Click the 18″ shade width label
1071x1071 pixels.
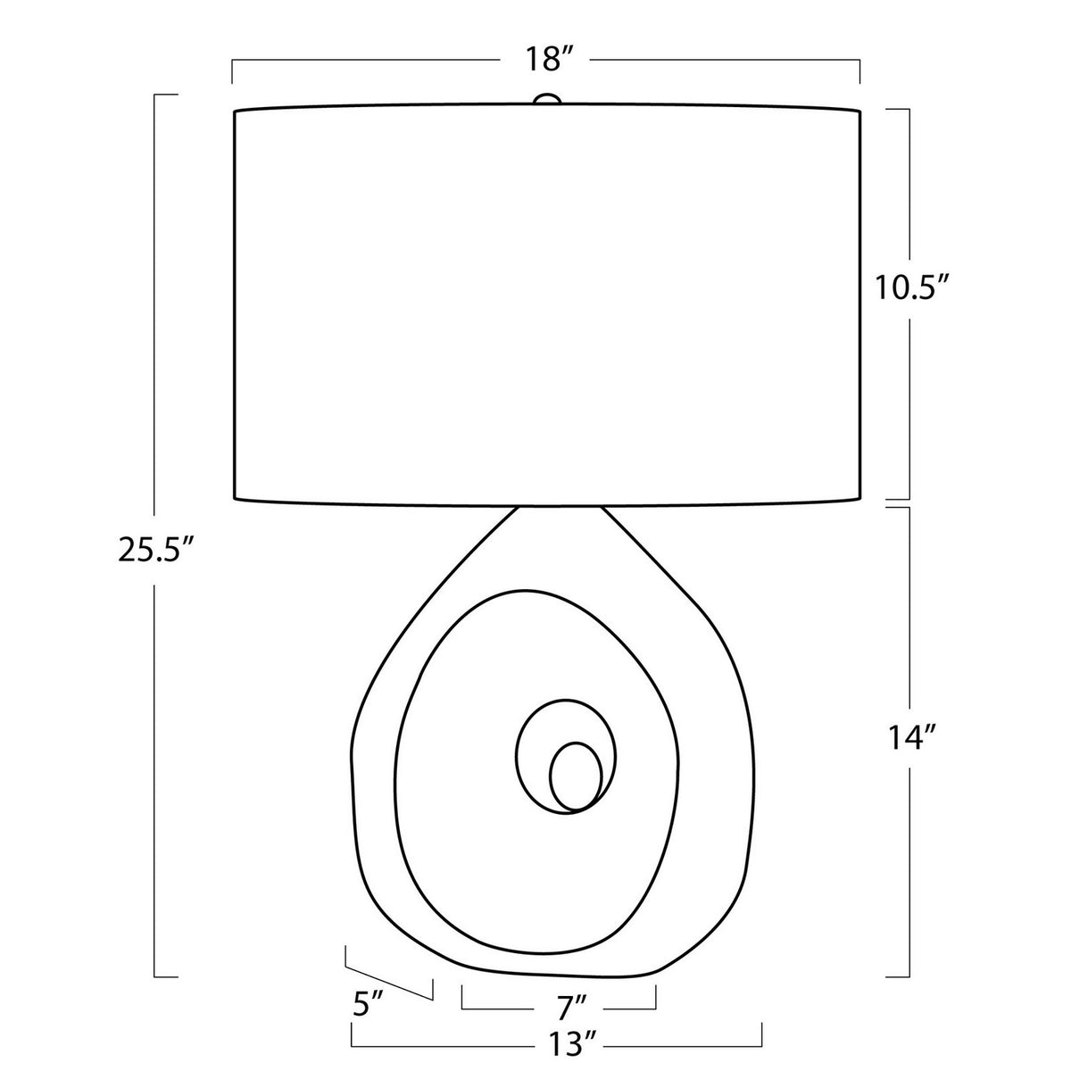pyautogui.click(x=549, y=60)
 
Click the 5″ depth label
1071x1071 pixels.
pyautogui.click(x=368, y=987)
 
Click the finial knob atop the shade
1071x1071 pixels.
pyautogui.click(x=546, y=99)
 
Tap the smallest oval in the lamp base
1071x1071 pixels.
pyautogui.click(x=576, y=776)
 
